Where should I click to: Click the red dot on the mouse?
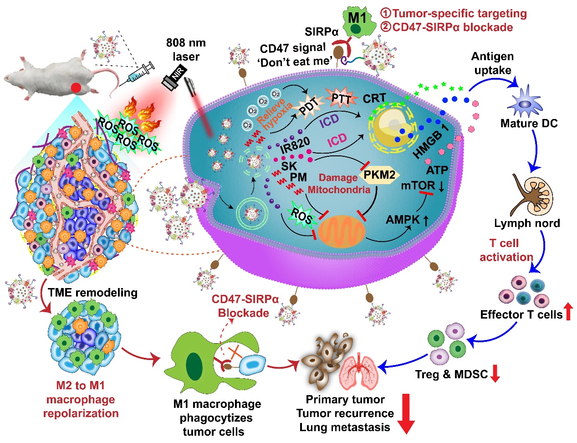(76, 87)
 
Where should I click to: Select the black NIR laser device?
(174, 80)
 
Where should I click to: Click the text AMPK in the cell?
(403, 220)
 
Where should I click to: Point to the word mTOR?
(418, 186)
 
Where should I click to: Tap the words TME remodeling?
(93, 292)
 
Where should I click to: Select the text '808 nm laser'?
(186, 50)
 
